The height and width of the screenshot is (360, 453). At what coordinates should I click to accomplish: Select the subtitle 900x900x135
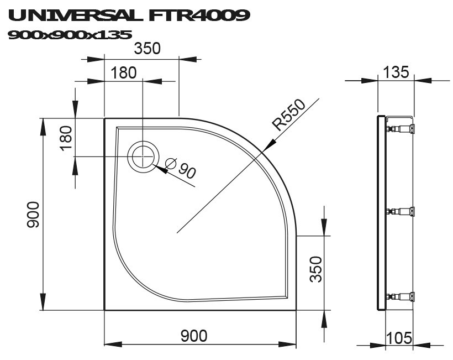[x=70, y=35]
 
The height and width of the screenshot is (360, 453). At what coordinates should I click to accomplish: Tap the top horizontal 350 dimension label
[x=147, y=49]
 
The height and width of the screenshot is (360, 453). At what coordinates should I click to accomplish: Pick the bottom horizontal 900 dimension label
[x=194, y=335]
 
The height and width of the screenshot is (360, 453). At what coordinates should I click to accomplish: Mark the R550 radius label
[x=289, y=114]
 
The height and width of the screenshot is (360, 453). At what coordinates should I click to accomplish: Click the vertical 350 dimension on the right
[x=315, y=269]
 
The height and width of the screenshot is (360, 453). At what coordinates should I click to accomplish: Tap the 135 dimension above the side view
[x=396, y=72]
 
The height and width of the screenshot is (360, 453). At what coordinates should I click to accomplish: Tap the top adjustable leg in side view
[x=400, y=129]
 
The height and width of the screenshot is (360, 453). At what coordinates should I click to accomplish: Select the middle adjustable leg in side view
[x=400, y=211]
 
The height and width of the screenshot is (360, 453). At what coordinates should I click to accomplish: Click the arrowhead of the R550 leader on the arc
[x=268, y=145]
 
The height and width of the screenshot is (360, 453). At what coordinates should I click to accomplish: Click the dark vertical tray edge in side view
[x=380, y=213]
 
